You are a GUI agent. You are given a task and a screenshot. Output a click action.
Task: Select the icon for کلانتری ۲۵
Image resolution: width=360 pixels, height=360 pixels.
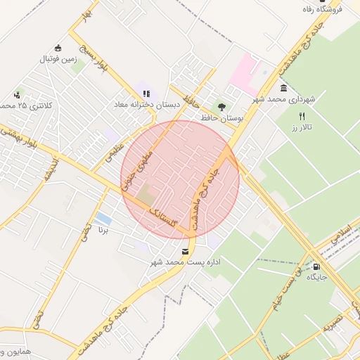pos(18,94)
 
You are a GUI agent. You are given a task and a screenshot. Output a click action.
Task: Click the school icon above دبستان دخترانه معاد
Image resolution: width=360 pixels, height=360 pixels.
pos(146,92)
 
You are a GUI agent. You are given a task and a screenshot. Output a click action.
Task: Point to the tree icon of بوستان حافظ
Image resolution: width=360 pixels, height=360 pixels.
pos(222,107)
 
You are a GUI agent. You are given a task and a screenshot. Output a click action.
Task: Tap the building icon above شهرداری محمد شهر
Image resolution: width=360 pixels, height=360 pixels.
pos(283,88)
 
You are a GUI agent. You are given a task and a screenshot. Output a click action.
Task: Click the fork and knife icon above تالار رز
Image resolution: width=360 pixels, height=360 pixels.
pos(302,116)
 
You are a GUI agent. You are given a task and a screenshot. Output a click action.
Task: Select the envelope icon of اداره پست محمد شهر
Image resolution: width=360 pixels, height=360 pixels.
pos(185,251)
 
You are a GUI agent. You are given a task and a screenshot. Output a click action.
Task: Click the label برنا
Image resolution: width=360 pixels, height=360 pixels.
pos(104,230)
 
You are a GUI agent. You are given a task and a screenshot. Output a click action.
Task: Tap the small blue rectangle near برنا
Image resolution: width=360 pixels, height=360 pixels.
pos(103,218)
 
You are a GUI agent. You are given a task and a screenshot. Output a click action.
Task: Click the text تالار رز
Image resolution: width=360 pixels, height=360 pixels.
pos(302,129)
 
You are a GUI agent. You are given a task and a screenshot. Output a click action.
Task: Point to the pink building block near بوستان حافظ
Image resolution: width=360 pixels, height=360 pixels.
pos(245,75)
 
